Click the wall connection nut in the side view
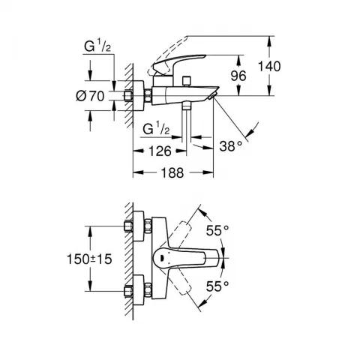(x=135, y=95)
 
